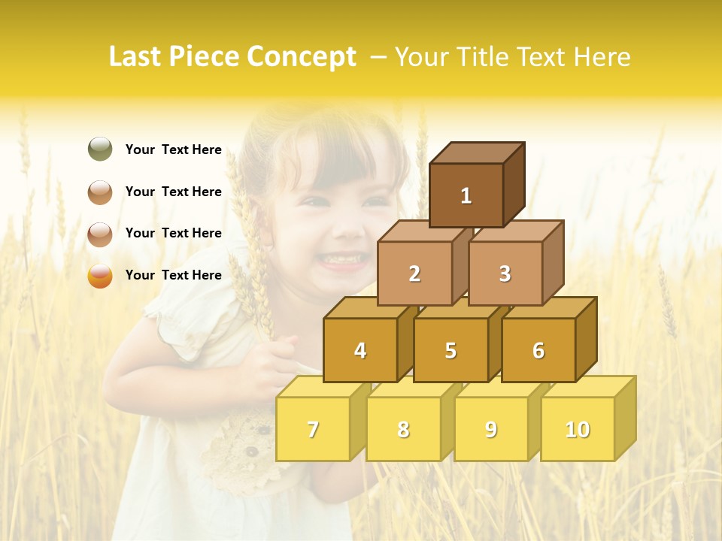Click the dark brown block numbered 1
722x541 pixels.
pos(466,195)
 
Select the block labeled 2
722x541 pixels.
pos(414,274)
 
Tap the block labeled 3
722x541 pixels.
pos(505,274)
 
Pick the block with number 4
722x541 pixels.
pos(360,350)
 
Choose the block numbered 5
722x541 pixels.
pos(450,350)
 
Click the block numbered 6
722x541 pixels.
pos(538,350)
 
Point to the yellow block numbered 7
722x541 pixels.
pos(313,429)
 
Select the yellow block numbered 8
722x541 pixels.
pos(403,429)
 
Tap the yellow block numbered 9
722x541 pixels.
pos(491,429)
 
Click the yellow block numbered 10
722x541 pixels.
pos(578,429)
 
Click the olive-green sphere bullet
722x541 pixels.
pos(100,150)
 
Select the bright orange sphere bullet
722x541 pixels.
pos(100,276)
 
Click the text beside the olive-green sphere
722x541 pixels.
pos(174,150)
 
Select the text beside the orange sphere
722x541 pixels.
pos(174,275)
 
